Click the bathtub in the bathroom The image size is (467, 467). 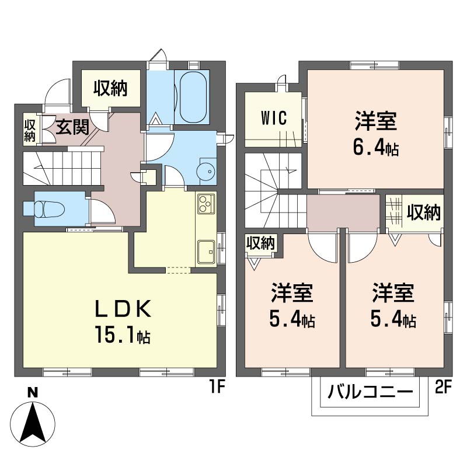[193, 97]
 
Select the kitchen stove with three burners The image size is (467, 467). [206, 203]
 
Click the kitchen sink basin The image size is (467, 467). [206, 252]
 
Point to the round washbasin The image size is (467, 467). [206, 171]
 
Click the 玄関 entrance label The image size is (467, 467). [72, 127]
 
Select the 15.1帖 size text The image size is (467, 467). [123, 334]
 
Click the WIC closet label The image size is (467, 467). [274, 119]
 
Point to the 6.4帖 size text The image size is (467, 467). [376, 148]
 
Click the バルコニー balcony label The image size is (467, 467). [370, 391]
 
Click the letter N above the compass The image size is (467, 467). [33, 393]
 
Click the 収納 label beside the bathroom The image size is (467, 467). [110, 88]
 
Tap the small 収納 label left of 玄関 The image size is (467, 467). [30, 130]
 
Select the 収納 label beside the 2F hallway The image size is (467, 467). [424, 212]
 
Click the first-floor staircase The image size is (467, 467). [63, 168]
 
